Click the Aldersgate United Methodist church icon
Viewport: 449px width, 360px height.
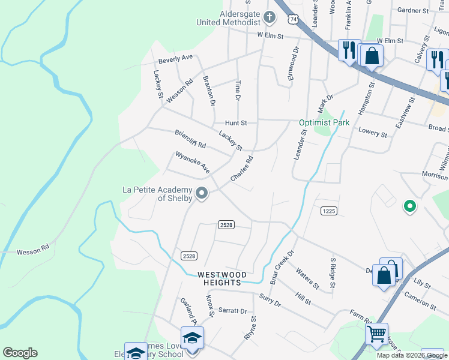tap(270, 17)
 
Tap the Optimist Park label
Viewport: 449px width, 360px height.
tap(324, 123)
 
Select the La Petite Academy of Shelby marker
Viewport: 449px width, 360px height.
tap(202, 193)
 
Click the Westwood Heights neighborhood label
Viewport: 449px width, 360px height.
tap(220, 278)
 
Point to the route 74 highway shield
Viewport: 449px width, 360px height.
tap(293, 20)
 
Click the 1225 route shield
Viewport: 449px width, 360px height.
tap(328, 211)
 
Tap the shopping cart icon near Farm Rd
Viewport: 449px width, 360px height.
tap(376, 333)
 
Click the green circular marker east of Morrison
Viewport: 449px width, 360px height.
tap(410, 206)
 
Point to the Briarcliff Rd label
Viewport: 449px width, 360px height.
tap(190, 140)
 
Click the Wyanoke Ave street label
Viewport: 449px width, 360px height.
tap(192, 163)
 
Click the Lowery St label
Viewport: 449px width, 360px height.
tap(372, 133)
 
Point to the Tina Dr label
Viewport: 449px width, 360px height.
tap(238, 89)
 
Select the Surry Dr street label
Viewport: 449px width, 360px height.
tap(270, 300)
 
